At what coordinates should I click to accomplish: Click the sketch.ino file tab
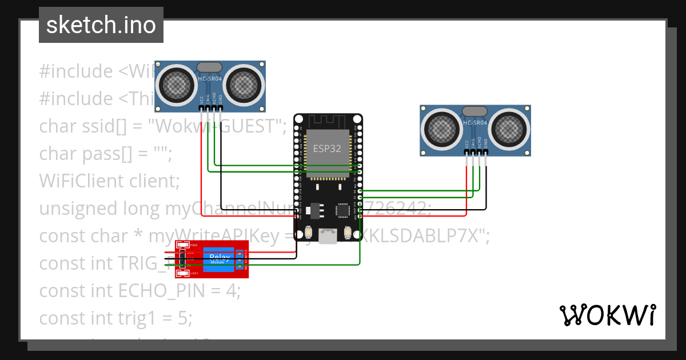101,25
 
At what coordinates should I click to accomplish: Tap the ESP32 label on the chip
327,147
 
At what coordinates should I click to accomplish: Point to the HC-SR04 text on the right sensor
475,122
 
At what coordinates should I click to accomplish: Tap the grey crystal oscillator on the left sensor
209,67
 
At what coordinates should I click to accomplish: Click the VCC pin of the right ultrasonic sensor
467,153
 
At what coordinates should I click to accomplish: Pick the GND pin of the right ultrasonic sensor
486,153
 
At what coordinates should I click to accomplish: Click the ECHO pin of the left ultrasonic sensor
214,108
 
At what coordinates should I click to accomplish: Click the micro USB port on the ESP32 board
328,235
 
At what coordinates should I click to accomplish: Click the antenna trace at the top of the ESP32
328,121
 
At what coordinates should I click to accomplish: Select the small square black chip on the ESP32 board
343,210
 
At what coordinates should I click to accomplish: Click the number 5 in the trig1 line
182,318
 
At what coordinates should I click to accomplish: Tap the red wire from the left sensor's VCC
201,171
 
